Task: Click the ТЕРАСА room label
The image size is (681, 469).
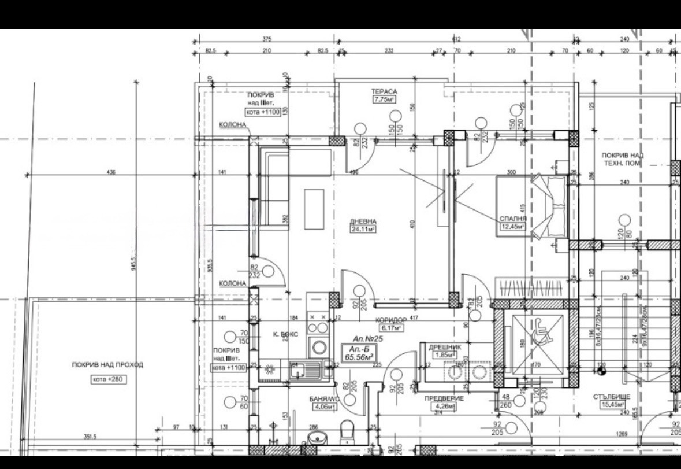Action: coord(384,91)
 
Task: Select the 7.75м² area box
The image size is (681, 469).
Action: coord(384,99)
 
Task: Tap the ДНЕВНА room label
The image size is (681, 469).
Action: coord(363,221)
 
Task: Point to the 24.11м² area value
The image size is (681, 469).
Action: coord(363,229)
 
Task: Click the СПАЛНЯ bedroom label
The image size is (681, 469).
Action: coord(513,219)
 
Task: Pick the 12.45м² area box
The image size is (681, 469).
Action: coord(513,227)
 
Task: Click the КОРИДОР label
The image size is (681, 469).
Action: coord(391,320)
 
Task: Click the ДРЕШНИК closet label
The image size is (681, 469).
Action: coord(443,347)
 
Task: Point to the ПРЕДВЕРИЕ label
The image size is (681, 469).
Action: coord(444,398)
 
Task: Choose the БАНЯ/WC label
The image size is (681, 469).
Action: coord(324,398)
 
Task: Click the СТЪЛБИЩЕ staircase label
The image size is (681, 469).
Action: coord(611,397)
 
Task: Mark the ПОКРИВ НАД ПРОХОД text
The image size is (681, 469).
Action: coord(107,365)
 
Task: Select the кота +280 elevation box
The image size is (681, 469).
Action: coord(107,379)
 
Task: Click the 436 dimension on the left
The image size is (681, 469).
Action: coord(111,172)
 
